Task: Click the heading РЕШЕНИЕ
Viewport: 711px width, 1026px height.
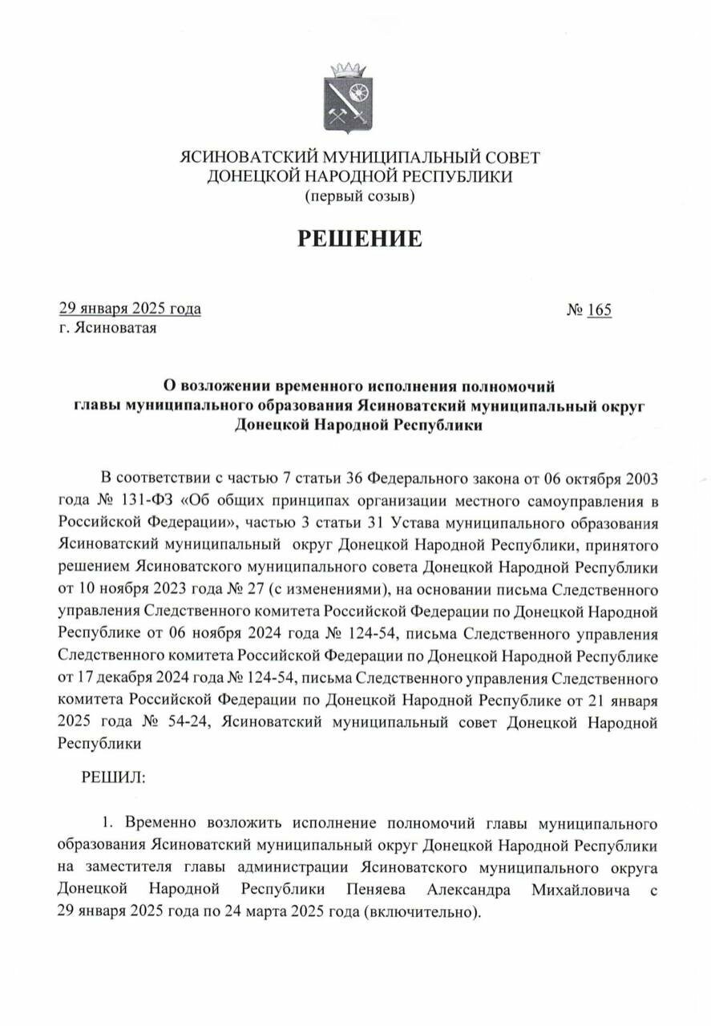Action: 360,238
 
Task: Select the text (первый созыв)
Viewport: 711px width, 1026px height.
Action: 359,195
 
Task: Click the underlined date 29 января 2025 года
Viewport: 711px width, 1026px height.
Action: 130,309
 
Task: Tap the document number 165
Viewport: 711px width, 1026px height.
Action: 599,309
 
